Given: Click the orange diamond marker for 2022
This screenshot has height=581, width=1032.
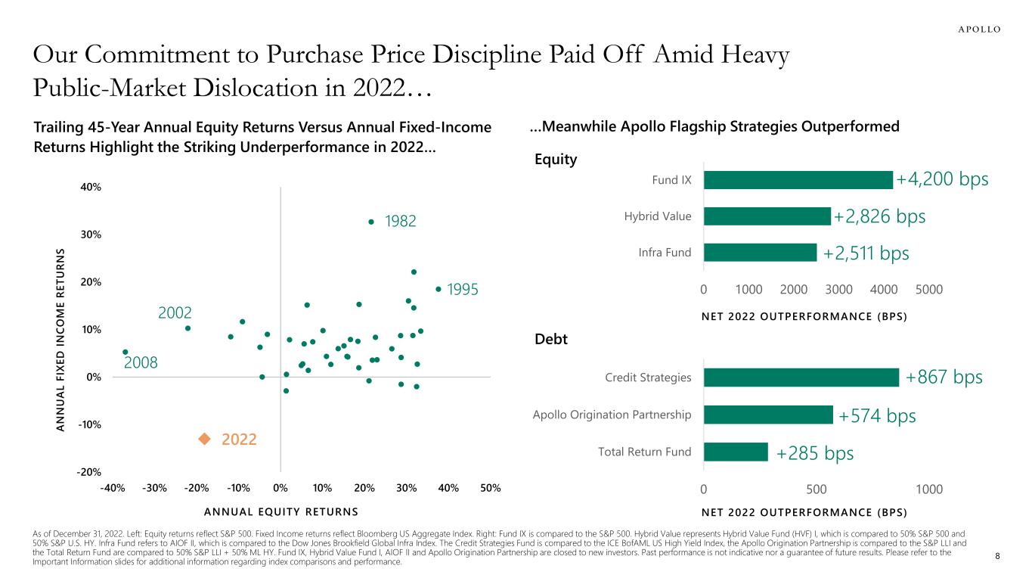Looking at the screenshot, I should coord(203,439).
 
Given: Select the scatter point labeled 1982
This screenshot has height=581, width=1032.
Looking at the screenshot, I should coord(371,222).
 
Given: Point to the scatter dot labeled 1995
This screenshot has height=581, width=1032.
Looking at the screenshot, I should coord(439,289).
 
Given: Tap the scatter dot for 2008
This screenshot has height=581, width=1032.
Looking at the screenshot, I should coord(125,352).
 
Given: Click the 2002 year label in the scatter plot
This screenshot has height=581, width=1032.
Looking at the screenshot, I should coord(175,312).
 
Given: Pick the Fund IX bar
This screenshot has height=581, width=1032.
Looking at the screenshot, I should coord(798,179).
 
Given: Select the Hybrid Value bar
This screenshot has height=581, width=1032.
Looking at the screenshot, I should coord(767,216).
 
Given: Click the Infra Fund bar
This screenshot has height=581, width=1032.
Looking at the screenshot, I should coord(760,252).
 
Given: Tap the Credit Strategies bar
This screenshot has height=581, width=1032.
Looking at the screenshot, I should coord(801,377).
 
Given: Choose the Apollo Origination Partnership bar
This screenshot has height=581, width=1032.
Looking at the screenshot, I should coord(767,415).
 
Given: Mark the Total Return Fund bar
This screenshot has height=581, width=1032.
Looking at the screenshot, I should coord(735,452).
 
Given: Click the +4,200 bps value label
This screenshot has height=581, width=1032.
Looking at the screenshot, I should coord(942,179).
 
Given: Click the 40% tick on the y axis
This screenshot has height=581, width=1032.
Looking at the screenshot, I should coord(91,187).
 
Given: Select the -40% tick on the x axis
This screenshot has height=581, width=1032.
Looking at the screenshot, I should coord(113,488).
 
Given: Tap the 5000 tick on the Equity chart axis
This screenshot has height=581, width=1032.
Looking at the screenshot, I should coord(928,289).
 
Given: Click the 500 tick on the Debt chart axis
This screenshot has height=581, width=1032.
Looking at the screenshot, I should coord(816,489).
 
